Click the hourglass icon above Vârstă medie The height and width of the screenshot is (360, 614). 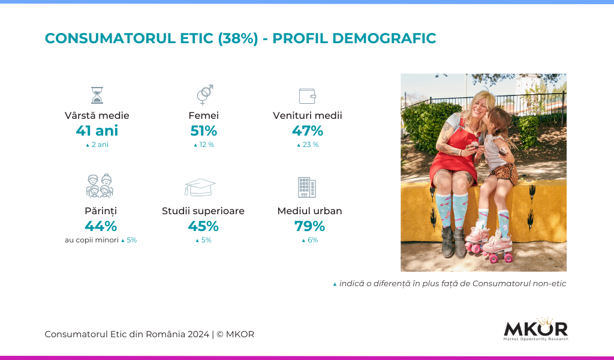pyautogui.click(x=97, y=95)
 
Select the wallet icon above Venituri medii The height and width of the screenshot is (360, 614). pyautogui.click(x=308, y=96)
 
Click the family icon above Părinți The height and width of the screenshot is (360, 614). pyautogui.click(x=100, y=185)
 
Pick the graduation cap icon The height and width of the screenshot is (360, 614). pyautogui.click(x=200, y=187)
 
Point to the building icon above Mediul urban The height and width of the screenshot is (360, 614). pyautogui.click(x=307, y=187)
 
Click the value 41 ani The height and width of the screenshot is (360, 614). pyautogui.click(x=97, y=130)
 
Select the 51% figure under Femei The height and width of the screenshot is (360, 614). pyautogui.click(x=204, y=130)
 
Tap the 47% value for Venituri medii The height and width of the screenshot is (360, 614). pyautogui.click(x=308, y=130)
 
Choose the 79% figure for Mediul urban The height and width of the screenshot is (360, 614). pyautogui.click(x=310, y=226)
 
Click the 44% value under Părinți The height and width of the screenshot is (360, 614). pyautogui.click(x=101, y=226)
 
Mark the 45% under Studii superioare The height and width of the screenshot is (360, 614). pyautogui.click(x=203, y=226)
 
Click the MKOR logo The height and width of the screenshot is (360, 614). pyautogui.click(x=535, y=329)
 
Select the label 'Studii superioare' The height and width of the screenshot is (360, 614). pyautogui.click(x=203, y=211)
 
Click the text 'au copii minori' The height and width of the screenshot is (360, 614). pyautogui.click(x=92, y=240)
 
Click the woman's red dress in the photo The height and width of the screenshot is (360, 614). pyautogui.click(x=450, y=161)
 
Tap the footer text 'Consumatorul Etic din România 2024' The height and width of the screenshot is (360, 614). pyautogui.click(x=127, y=334)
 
